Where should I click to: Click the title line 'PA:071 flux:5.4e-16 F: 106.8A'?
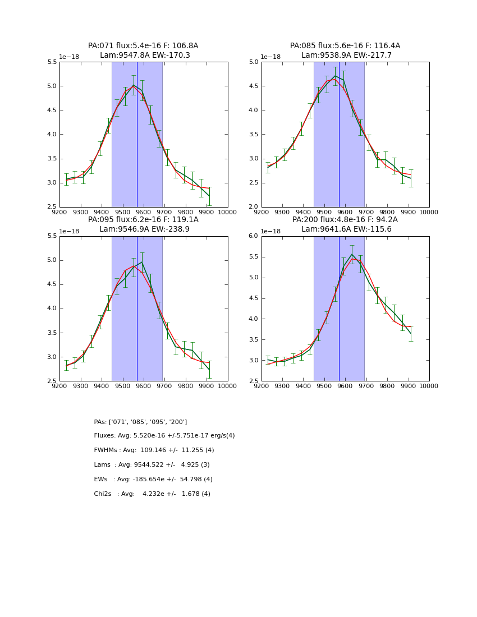click(143, 46)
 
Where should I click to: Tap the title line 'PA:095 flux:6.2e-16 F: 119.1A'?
click(143, 220)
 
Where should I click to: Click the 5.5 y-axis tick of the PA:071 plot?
click(52, 62)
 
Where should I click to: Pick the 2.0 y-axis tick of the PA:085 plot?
click(254, 207)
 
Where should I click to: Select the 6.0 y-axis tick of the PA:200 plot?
click(254, 236)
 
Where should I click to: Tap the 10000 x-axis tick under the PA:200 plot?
click(429, 386)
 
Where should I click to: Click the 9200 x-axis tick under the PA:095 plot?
click(59, 386)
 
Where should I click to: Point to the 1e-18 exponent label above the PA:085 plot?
click(270, 57)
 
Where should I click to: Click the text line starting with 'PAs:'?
click(140, 422)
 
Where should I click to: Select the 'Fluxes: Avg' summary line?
click(164, 436)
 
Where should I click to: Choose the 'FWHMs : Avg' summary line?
click(154, 450)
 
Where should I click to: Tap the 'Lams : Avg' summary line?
click(152, 465)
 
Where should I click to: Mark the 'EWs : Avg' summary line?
click(153, 480)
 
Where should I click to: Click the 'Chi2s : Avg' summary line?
click(152, 494)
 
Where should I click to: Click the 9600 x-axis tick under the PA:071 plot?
click(144, 212)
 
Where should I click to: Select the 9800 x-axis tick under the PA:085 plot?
click(387, 212)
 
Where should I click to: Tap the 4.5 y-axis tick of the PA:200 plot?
click(254, 298)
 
